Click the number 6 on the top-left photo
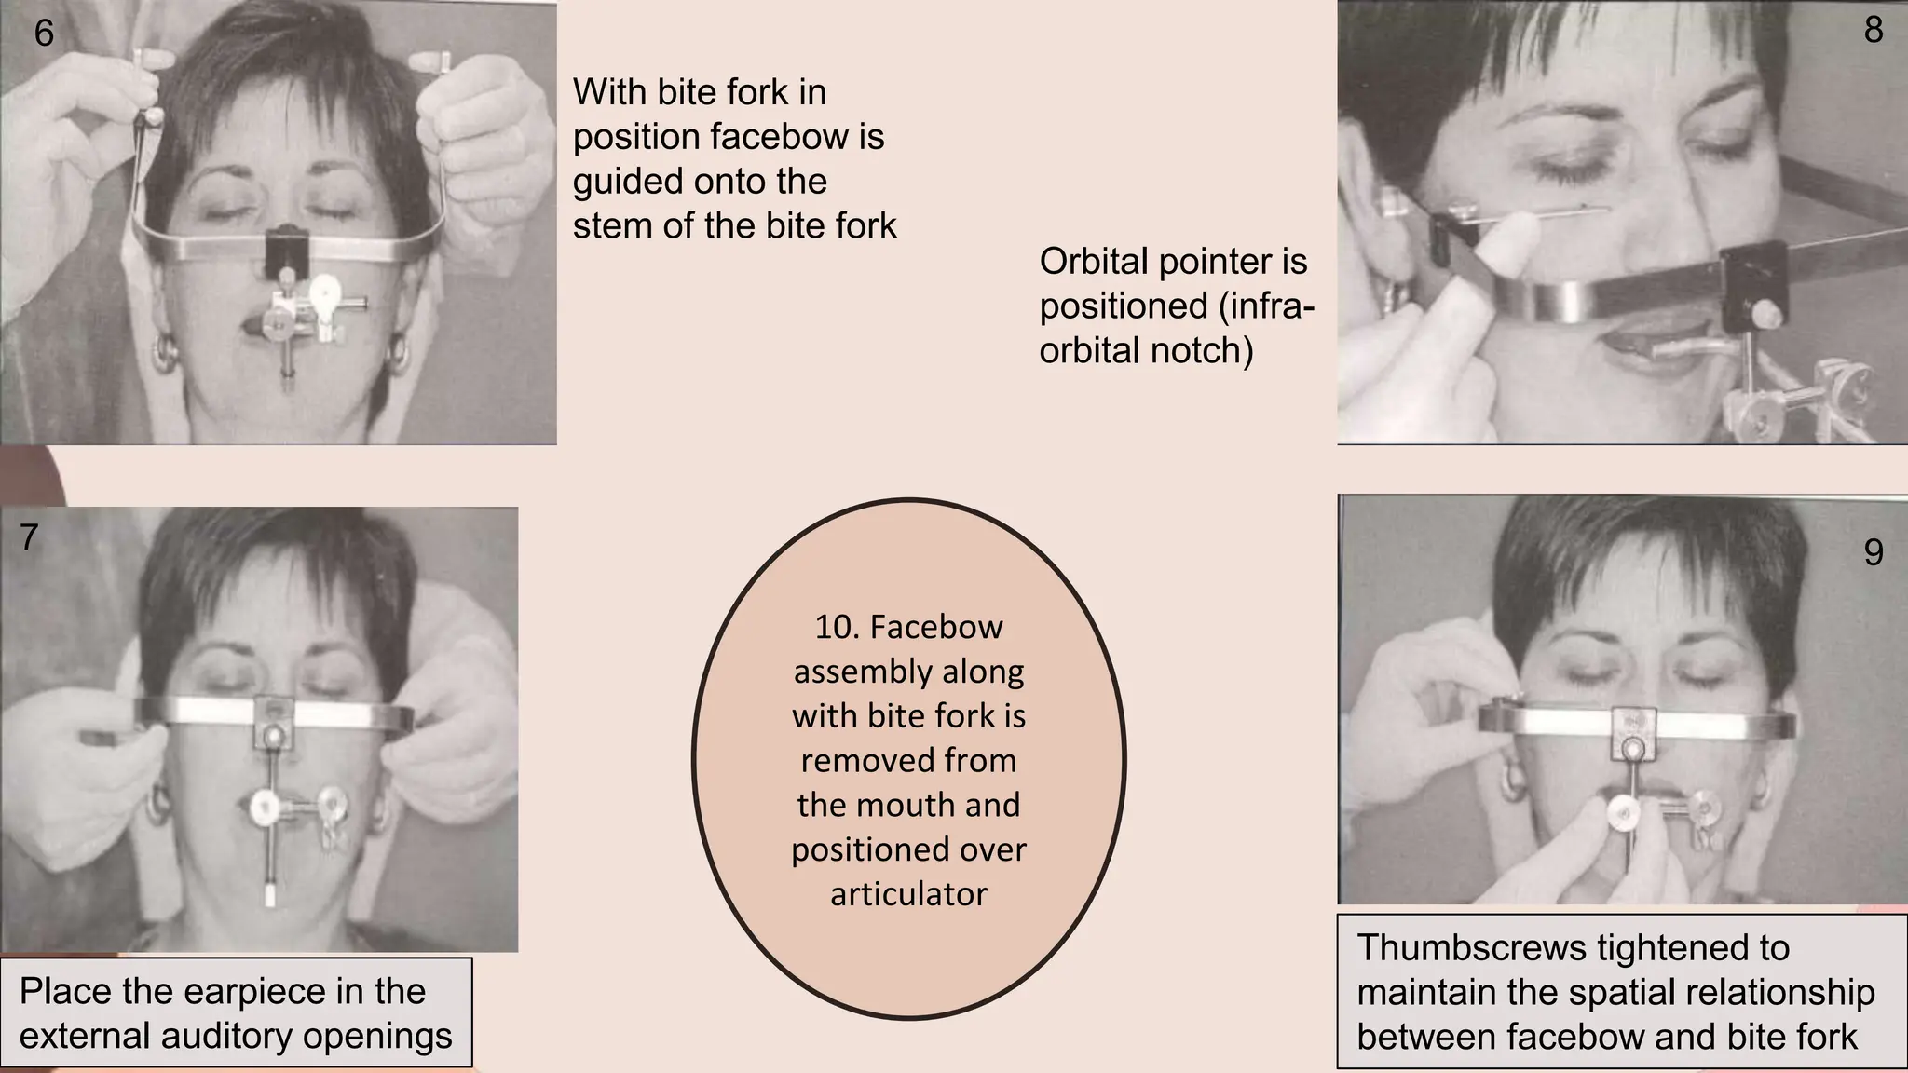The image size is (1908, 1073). click(x=44, y=34)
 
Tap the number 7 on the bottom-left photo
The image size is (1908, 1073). click(x=29, y=537)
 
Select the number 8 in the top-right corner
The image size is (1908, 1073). click(x=1874, y=31)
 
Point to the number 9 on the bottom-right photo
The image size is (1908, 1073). click(x=1874, y=552)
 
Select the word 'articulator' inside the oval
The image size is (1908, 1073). click(x=908, y=894)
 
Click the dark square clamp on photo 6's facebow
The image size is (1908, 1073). click(x=287, y=249)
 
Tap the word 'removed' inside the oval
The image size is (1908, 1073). click(x=908, y=761)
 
